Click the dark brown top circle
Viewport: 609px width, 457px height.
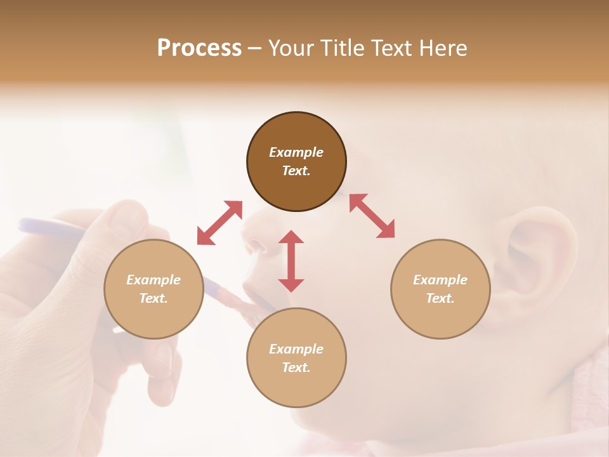click(x=296, y=162)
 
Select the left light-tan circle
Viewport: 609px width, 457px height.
click(x=154, y=289)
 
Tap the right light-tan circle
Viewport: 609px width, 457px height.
click(x=440, y=289)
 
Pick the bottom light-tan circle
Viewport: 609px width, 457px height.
click(x=296, y=357)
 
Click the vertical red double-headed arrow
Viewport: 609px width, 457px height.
click(x=291, y=261)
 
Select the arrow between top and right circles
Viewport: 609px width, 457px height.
click(x=372, y=216)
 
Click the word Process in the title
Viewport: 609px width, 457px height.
click(x=199, y=48)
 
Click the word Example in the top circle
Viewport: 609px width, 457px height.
click(x=296, y=152)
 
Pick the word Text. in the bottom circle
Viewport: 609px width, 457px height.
click(x=296, y=368)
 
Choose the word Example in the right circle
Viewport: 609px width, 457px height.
click(x=440, y=280)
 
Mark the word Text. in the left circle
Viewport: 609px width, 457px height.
click(x=154, y=298)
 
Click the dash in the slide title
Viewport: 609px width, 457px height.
click(x=254, y=48)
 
